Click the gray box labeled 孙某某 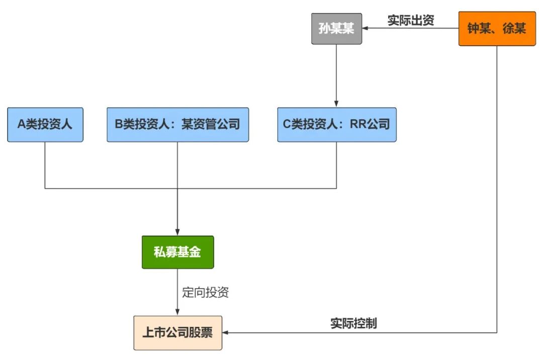[x=336, y=29]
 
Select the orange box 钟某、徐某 [x=497, y=29]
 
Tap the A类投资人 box [x=45, y=124]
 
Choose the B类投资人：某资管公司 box [x=177, y=124]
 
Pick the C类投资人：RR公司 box [x=336, y=124]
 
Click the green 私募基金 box [x=177, y=252]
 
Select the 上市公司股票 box [x=177, y=333]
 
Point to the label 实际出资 [x=411, y=20]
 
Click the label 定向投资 [x=205, y=293]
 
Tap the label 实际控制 [x=353, y=323]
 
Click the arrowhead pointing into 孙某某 [x=366, y=29]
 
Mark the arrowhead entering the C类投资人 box [x=336, y=104]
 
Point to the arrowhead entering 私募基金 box [x=177, y=232]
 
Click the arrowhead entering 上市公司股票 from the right [x=225, y=333]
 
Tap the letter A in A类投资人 [x=22, y=124]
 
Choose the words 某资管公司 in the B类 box [x=210, y=124]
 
